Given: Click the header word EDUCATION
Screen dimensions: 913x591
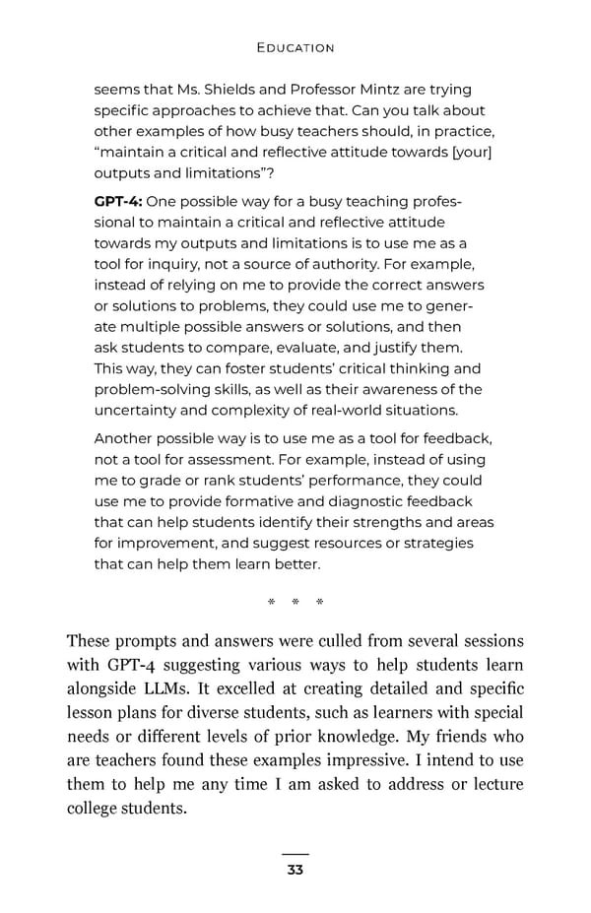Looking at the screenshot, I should (295, 47).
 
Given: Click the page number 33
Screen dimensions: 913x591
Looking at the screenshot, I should (295, 870).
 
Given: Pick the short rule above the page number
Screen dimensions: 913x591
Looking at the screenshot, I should (295, 854).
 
